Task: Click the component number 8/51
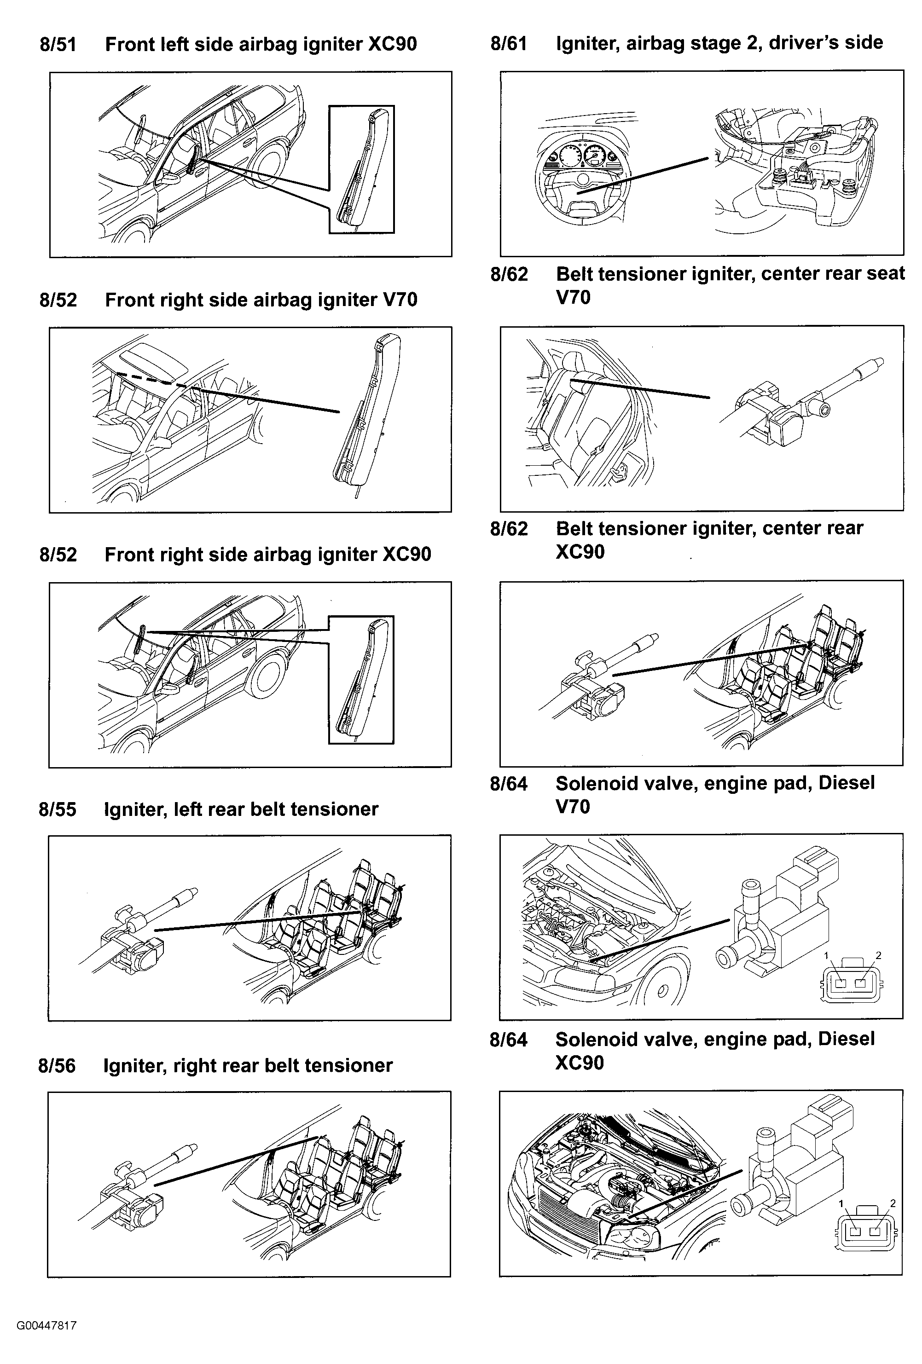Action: (58, 45)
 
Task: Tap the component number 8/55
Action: (57, 810)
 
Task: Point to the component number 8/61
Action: (508, 43)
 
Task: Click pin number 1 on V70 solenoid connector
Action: (826, 955)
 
